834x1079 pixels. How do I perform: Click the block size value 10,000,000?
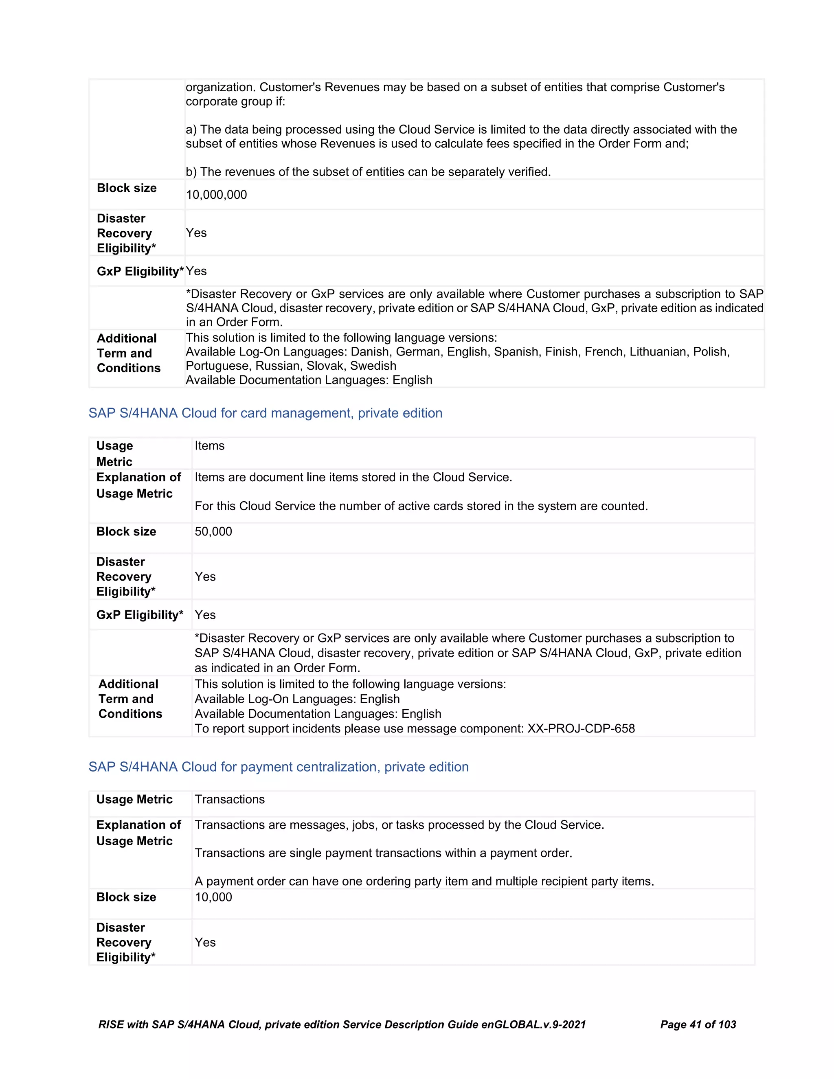pos(216,195)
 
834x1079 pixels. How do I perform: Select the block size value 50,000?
pos(213,532)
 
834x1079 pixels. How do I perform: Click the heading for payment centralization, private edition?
pos(278,767)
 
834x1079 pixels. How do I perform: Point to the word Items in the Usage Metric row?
pos(209,445)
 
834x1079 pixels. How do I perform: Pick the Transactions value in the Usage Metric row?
pos(230,799)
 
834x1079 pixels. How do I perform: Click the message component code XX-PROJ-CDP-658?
pos(581,728)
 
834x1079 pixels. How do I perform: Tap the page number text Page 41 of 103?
pos(698,1024)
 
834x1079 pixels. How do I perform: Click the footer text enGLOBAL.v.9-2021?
pos(533,1024)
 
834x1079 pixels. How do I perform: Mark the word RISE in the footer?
pos(111,1024)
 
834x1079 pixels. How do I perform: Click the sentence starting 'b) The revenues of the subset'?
pos(368,172)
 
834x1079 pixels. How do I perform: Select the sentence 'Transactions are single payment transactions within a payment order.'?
pos(383,853)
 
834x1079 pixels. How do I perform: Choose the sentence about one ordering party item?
pos(424,882)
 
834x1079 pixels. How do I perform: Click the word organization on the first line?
pos(220,88)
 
